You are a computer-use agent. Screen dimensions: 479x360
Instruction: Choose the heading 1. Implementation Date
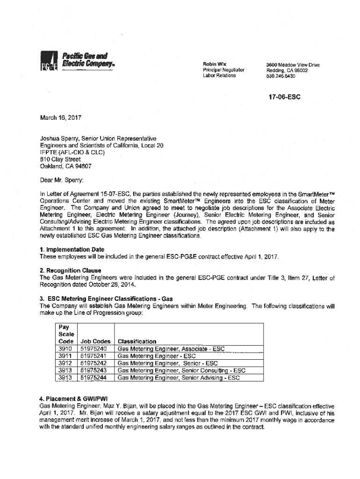(x=72, y=249)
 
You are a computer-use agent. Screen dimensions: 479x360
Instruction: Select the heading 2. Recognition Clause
(x=70, y=271)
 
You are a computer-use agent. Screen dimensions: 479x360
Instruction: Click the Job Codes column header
(x=95, y=341)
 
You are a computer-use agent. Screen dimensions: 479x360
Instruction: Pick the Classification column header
(x=137, y=341)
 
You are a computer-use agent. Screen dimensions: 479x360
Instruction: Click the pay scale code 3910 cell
(x=64, y=349)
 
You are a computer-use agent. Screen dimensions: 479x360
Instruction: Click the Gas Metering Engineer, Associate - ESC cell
(x=171, y=349)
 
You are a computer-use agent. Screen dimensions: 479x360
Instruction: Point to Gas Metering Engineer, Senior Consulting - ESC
(x=181, y=370)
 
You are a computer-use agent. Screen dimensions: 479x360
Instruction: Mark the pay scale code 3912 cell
(x=64, y=363)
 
